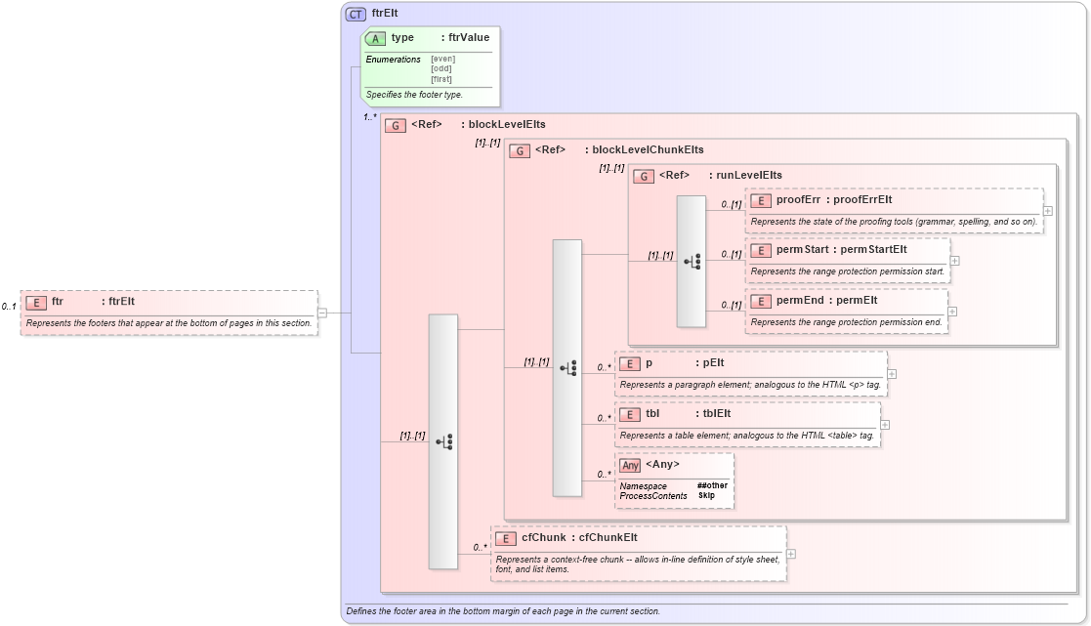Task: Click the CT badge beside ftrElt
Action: (357, 14)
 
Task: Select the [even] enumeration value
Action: (442, 59)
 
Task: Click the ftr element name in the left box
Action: (58, 302)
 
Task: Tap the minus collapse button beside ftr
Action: (322, 313)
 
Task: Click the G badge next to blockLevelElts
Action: (396, 125)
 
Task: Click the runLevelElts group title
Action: (749, 176)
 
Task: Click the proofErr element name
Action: (798, 200)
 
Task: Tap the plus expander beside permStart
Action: (955, 261)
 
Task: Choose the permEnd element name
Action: (797, 301)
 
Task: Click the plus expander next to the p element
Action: (892, 374)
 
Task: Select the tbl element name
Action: (652, 414)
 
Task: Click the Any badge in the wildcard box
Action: (631, 465)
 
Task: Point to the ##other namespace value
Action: (712, 485)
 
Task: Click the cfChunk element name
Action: (543, 538)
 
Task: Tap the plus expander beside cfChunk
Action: (790, 554)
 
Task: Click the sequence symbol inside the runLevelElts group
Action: (692, 261)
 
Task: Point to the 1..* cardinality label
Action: (370, 117)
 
